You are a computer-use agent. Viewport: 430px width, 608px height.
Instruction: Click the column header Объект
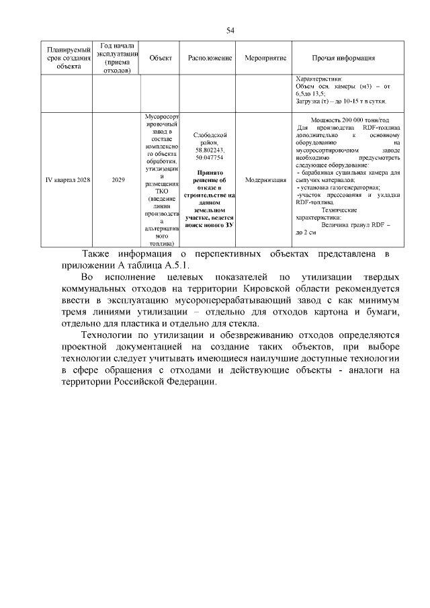(161, 58)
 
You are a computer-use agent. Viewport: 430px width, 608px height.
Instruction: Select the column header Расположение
(210, 58)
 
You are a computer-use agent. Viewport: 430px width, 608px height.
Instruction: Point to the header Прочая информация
(343, 58)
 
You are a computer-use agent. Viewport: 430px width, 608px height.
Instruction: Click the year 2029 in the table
(118, 180)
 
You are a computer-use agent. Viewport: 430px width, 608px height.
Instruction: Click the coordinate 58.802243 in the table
(210, 150)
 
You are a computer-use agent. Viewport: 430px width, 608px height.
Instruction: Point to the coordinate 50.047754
(210, 157)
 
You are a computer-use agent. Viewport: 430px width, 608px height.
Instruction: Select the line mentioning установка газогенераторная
(339, 187)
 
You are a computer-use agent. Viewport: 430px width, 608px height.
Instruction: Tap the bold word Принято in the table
(210, 172)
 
